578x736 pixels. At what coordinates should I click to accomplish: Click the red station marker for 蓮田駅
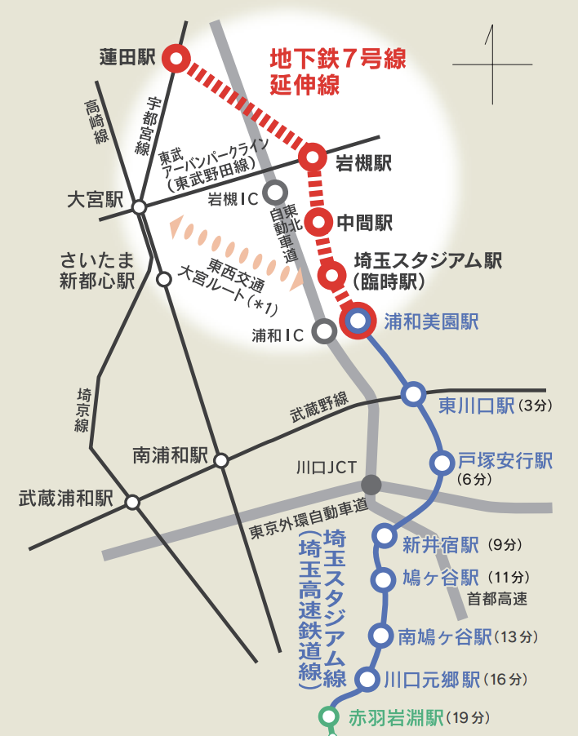point(176,59)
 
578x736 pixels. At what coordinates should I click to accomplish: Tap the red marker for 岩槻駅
point(313,158)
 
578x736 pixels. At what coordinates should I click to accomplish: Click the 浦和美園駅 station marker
point(358,321)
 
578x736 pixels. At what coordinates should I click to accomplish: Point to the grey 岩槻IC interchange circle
point(276,191)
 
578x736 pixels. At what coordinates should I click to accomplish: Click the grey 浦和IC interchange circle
point(324,330)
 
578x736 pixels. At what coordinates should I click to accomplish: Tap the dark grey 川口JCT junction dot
point(371,483)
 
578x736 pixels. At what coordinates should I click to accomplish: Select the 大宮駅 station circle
point(140,207)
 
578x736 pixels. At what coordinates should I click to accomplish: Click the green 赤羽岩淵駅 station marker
point(328,716)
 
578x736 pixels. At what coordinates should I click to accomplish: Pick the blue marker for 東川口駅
point(413,395)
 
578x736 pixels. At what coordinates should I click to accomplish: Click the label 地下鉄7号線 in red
point(337,60)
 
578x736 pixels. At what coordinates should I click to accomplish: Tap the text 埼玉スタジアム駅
point(428,260)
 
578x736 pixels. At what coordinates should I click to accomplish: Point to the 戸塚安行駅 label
point(505,461)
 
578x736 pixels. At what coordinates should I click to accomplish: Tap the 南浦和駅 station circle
point(221,461)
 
